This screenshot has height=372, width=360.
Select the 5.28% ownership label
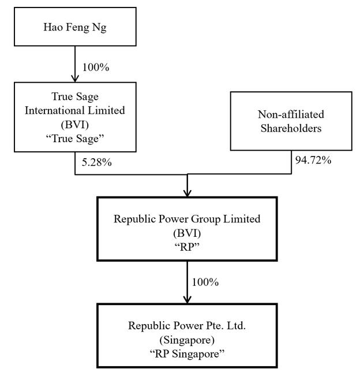97,162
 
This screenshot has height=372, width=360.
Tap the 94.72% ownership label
313,160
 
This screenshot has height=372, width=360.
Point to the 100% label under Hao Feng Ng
96,67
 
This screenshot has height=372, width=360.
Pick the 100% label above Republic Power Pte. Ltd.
205,282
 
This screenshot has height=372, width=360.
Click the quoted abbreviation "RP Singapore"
187,354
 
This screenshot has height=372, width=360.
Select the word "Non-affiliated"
291,114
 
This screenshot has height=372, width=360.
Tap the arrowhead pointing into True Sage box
75,79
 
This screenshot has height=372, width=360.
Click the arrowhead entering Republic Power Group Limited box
187,193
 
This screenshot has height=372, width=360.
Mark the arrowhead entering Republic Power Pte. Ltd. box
187,300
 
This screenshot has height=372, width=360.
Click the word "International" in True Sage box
55,110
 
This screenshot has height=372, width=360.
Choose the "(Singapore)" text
187,340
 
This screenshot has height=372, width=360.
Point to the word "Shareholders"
291,128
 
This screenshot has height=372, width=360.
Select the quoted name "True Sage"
75,139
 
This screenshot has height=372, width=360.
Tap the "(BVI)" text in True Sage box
75,125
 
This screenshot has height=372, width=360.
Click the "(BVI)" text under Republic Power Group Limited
187,233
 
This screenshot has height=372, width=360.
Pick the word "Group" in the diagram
206,220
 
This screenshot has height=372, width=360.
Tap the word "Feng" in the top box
77,27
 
